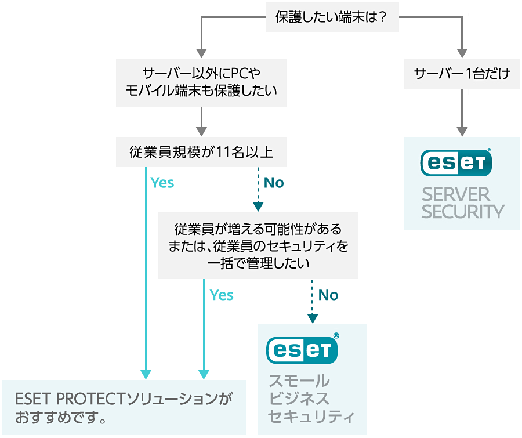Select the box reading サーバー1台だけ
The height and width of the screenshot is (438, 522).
pyautogui.click(x=462, y=74)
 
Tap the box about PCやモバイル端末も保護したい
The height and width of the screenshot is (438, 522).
pyautogui.click(x=201, y=82)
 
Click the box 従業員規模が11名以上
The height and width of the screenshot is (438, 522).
pyautogui.click(x=201, y=152)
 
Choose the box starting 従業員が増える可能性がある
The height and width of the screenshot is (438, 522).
pyautogui.click(x=258, y=245)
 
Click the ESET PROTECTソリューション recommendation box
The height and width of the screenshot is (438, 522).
pyautogui.click(x=124, y=407)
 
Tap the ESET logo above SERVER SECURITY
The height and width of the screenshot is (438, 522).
pyautogui.click(x=456, y=162)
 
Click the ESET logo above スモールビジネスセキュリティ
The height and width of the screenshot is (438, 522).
pyautogui.click(x=302, y=349)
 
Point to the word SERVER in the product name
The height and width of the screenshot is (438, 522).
pyautogui.click(x=448, y=194)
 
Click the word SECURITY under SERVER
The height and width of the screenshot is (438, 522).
pyautogui.click(x=463, y=212)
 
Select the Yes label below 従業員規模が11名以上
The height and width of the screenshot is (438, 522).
pyautogui.click(x=162, y=183)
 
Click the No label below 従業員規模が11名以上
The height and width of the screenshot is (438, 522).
pyautogui.click(x=274, y=183)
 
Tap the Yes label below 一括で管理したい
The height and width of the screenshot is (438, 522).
pyautogui.click(x=222, y=295)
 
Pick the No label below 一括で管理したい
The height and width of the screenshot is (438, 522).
pyautogui.click(x=328, y=295)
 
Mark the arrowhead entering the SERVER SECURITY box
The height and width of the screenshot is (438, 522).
pyautogui.click(x=462, y=131)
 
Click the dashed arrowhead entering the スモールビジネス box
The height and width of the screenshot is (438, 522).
pyautogui.click(x=313, y=318)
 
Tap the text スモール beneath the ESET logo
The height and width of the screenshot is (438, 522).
pyautogui.click(x=299, y=381)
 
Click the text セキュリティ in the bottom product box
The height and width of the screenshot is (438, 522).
pyautogui.click(x=310, y=417)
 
